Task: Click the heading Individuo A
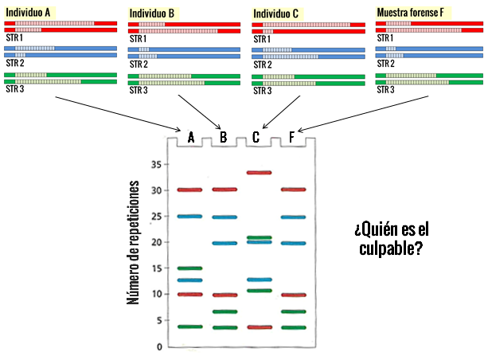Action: tap(28, 13)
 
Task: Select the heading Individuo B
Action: tap(152, 14)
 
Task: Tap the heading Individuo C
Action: tap(275, 14)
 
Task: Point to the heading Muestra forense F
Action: tap(410, 13)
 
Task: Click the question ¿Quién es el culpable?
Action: tap(392, 239)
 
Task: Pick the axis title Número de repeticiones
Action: tap(133, 242)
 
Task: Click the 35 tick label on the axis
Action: tap(157, 164)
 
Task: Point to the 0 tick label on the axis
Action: tap(159, 346)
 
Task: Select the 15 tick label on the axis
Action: tap(157, 268)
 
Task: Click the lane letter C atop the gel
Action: tap(256, 137)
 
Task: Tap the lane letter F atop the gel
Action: tap(291, 137)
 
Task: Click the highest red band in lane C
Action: tap(260, 173)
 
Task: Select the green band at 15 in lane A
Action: tap(189, 268)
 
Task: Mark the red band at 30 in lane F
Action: tap(294, 190)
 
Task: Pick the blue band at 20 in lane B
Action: tap(224, 243)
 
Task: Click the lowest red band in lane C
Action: tap(260, 327)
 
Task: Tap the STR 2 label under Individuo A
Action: tap(15, 63)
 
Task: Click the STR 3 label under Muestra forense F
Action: tap(385, 90)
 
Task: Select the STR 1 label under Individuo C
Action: tap(262, 39)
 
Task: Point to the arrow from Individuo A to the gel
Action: tap(118, 114)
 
